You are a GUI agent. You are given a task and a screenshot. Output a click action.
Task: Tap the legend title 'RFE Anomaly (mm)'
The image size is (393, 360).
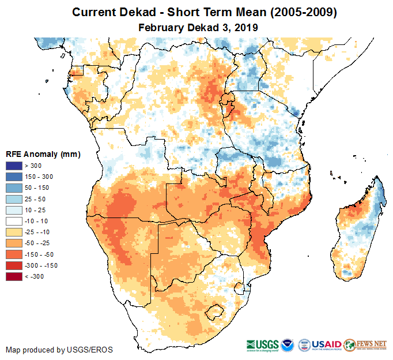tap(43, 154)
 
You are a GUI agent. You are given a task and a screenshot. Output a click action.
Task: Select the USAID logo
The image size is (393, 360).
tap(327, 344)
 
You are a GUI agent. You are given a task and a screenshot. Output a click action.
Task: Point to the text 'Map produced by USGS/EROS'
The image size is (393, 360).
tap(59, 350)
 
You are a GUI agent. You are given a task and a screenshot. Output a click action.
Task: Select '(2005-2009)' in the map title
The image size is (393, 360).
tap(300, 12)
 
